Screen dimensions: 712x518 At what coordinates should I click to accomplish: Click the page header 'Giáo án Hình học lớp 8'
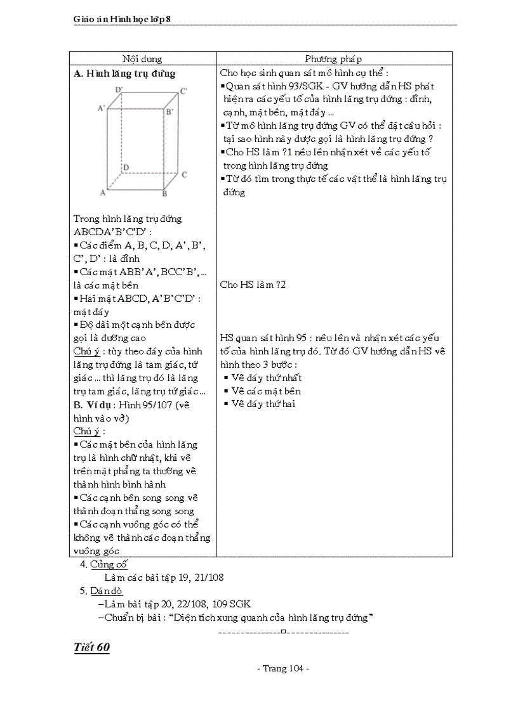[x=123, y=20]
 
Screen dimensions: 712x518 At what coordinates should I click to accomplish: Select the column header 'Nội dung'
[x=142, y=59]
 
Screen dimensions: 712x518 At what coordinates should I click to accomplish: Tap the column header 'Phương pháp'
[x=333, y=59]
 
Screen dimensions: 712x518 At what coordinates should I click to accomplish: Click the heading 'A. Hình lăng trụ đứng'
[x=125, y=74]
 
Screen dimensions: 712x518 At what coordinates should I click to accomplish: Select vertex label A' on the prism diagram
[x=101, y=108]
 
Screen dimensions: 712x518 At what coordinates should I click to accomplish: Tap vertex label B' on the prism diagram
[x=169, y=112]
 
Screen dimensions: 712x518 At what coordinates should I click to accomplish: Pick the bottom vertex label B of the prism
[x=164, y=193]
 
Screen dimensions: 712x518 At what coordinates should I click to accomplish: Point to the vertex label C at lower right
[x=184, y=174]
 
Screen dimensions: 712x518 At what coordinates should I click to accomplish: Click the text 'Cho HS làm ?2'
[x=253, y=285]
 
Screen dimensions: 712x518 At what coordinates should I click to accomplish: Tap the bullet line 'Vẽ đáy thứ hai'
[x=263, y=404]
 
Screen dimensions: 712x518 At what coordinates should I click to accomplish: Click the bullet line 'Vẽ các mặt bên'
[x=266, y=391]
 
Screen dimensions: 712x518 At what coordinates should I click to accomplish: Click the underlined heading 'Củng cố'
[x=109, y=564]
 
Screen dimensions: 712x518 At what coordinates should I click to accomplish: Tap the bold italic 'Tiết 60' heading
[x=92, y=647]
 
